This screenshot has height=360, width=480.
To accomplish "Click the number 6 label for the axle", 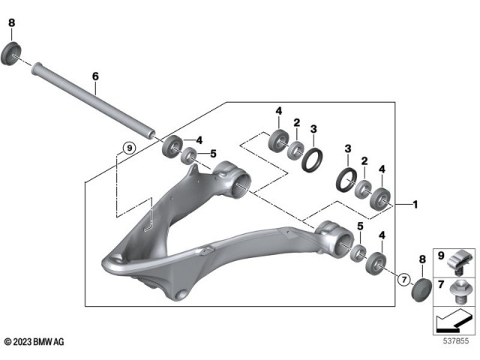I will [x=95, y=76].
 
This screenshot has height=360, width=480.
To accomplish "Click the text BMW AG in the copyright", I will [x=53, y=342].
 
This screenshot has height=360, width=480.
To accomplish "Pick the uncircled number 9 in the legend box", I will [x=441, y=253].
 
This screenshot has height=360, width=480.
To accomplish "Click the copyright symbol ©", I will [x=7, y=342].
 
